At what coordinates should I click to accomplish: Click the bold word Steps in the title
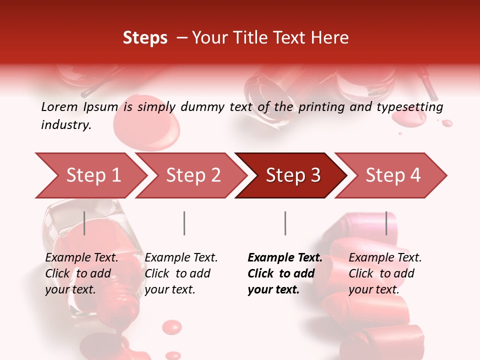pos(145,38)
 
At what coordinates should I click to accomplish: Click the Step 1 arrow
pos(92,175)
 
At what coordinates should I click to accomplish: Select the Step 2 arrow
pos(192,175)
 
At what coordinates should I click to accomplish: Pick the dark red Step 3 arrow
pos(292,175)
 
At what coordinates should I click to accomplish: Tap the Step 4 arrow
pos(392,175)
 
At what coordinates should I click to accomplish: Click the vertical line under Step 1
pos(84,223)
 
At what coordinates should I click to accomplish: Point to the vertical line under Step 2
pos(184,223)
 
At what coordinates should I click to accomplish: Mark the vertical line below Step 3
pos(285,223)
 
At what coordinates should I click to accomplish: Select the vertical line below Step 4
pos(386,223)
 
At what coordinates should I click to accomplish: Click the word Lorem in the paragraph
pos(59,106)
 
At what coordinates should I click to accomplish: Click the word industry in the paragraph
pos(65,125)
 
